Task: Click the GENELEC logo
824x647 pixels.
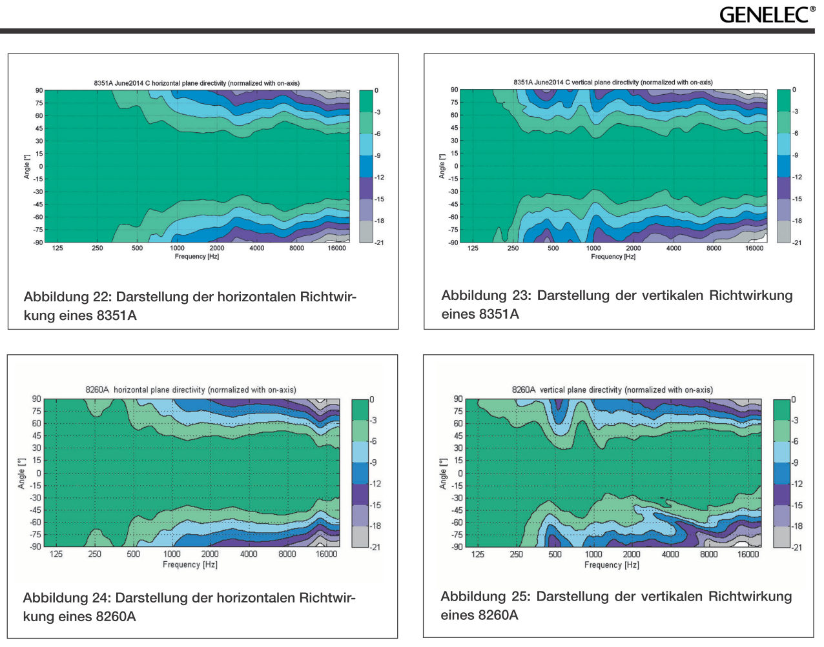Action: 767,15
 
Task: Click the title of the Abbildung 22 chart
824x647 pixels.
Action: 196,83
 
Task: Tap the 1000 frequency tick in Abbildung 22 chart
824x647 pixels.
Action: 177,248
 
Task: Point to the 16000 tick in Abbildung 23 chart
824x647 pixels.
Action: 754,248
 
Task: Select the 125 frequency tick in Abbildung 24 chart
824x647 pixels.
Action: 56,553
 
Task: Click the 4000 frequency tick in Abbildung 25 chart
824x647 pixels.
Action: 670,554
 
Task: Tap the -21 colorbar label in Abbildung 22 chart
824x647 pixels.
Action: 379,243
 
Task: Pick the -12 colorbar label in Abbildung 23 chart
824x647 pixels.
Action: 797,177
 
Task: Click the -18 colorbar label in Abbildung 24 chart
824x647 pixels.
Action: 375,526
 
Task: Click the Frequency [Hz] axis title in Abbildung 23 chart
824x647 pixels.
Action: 613,257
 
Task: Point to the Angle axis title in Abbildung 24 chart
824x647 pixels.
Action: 21,473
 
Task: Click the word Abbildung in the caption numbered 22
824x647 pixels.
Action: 56,297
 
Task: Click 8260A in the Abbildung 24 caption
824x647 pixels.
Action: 116,617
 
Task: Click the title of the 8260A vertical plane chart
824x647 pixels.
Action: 612,390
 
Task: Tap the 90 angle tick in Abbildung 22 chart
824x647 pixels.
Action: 39,91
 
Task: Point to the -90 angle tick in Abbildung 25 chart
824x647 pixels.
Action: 457,547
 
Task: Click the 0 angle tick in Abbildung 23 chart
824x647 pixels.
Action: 456,166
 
